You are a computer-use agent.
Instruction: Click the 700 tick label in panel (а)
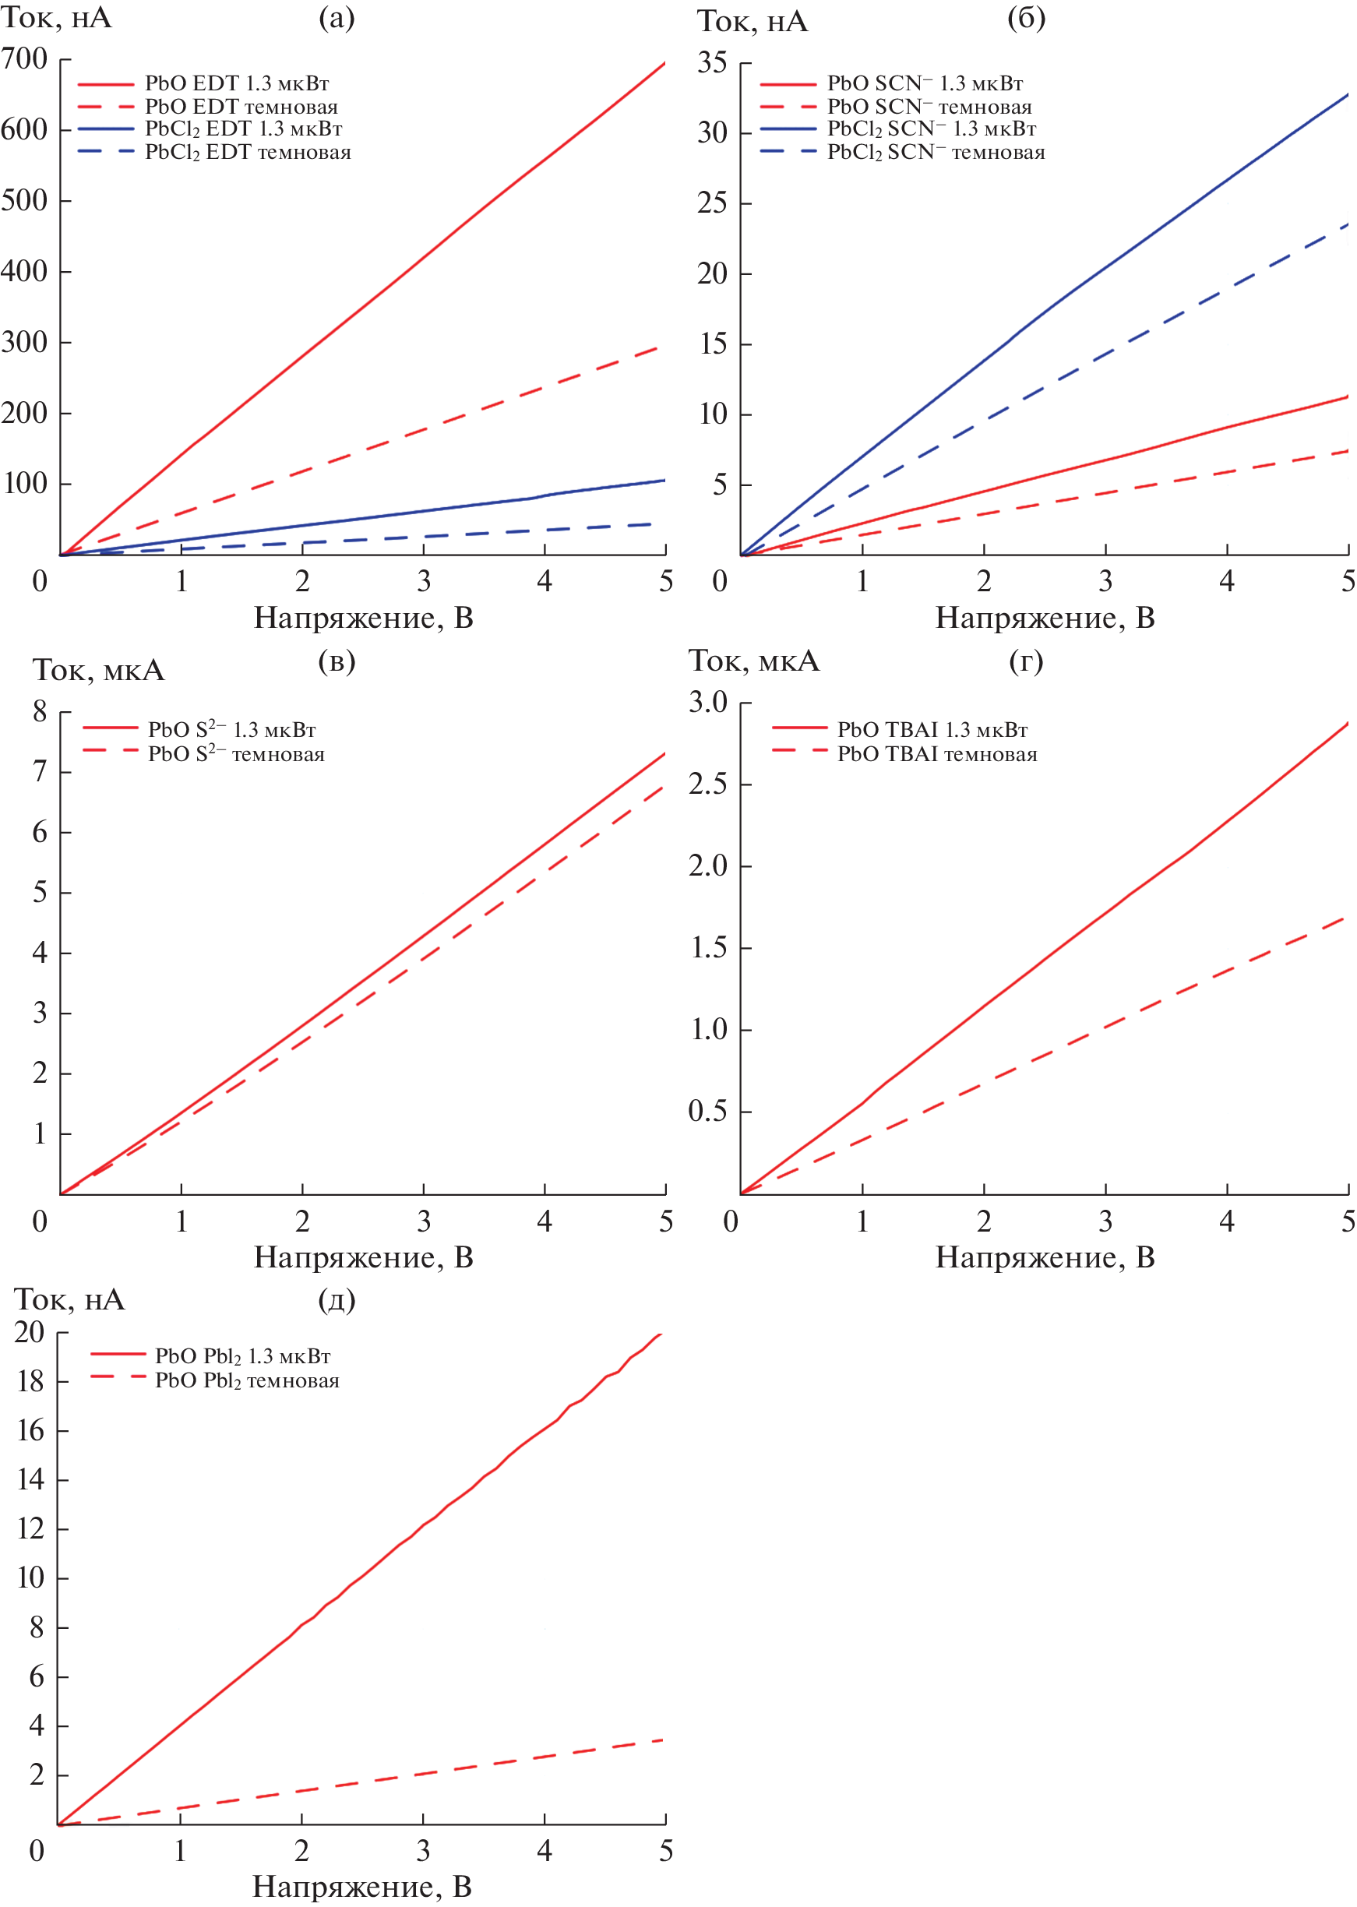pos(24,59)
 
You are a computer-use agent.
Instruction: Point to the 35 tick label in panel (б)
pos(712,62)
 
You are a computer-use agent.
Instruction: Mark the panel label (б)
pos(1026,19)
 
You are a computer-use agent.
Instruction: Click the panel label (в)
pos(337,661)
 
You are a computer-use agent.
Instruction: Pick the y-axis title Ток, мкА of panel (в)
pos(99,670)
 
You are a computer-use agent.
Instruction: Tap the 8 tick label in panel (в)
pos(39,711)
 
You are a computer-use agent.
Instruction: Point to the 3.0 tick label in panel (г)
pos(708,702)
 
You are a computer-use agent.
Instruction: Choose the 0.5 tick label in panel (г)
pos(708,1111)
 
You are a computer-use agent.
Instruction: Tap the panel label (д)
pos(337,1299)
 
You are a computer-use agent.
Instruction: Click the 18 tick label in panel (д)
pos(31,1380)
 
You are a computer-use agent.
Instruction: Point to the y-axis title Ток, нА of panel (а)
pos(56,19)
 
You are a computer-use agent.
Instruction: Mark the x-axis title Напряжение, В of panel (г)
pos(1045,1257)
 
